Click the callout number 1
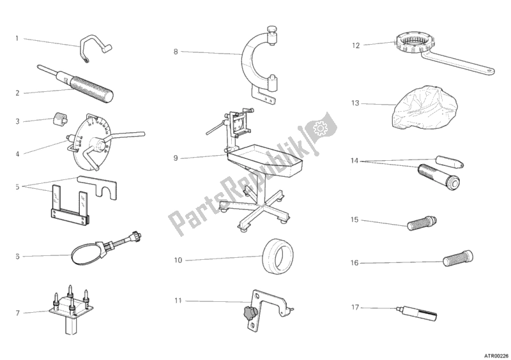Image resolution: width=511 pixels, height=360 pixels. click(x=18, y=38)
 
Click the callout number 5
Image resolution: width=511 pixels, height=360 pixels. click(x=18, y=187)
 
